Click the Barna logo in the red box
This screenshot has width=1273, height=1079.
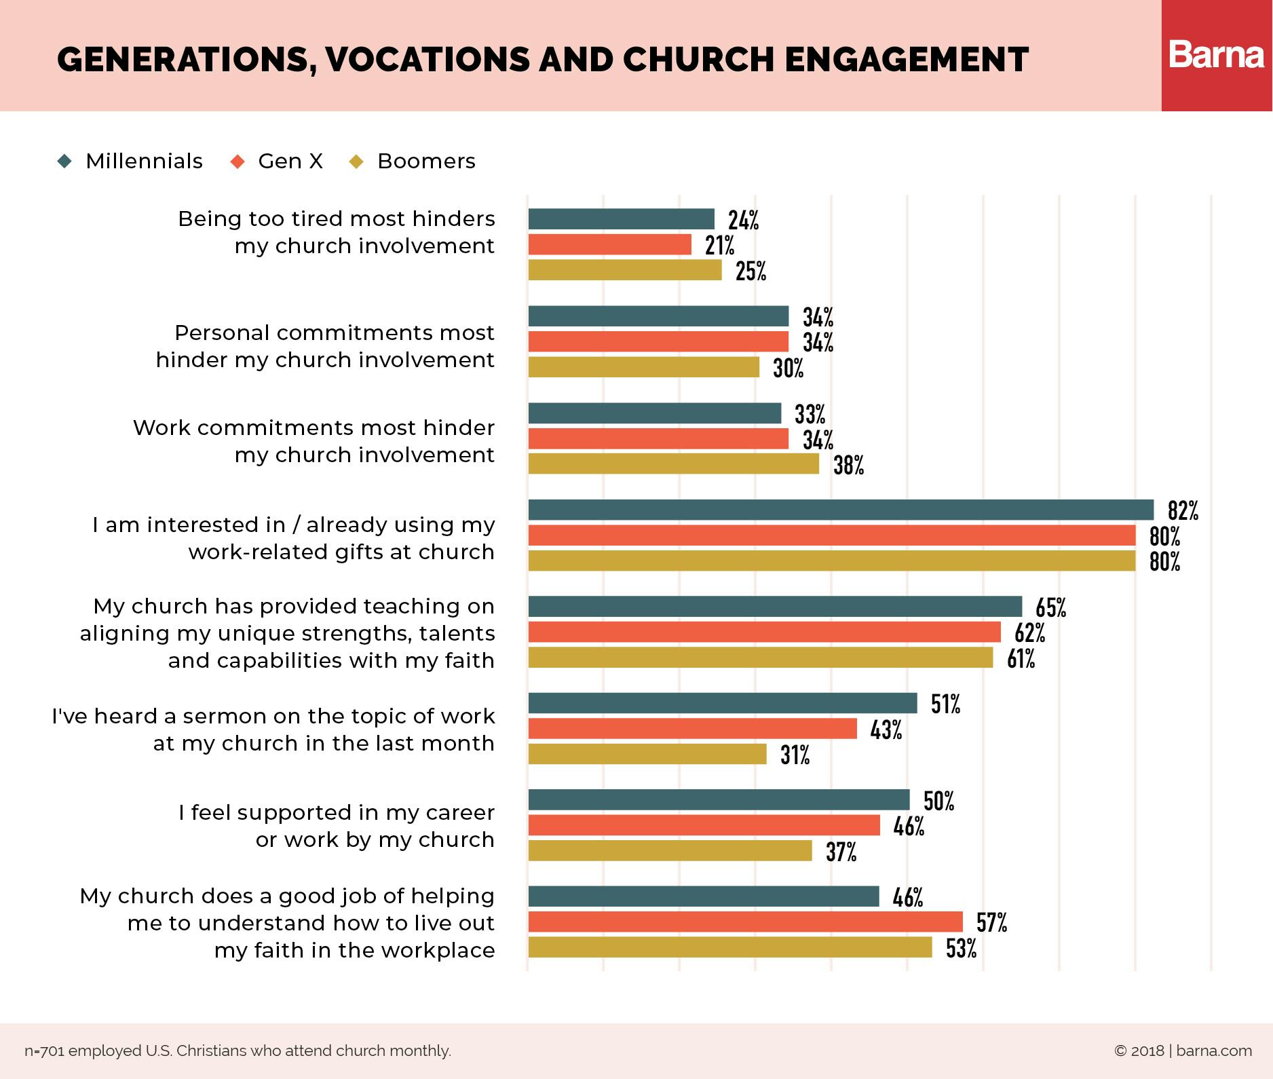(1217, 55)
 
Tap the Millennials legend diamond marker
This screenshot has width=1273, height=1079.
(65, 162)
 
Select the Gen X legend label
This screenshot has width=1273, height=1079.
(290, 162)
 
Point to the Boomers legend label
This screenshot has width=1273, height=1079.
(426, 162)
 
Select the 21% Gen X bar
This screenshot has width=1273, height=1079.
(609, 244)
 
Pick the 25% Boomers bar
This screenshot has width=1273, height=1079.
(625, 270)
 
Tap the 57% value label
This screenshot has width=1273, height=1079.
(991, 923)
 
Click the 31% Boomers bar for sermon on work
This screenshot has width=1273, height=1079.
(647, 755)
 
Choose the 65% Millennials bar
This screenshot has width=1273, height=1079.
(775, 606)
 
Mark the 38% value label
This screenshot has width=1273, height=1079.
(848, 466)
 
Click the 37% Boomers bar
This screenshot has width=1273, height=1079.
(670, 851)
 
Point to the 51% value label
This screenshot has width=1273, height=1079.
(945, 704)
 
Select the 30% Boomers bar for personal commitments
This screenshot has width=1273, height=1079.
(643, 367)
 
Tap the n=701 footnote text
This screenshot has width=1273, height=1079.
(237, 1051)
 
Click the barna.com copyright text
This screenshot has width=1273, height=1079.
(1183, 1051)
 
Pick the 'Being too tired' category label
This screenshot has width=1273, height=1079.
(337, 232)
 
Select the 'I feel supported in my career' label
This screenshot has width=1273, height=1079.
(337, 826)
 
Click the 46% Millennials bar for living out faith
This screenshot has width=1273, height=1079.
(703, 896)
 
